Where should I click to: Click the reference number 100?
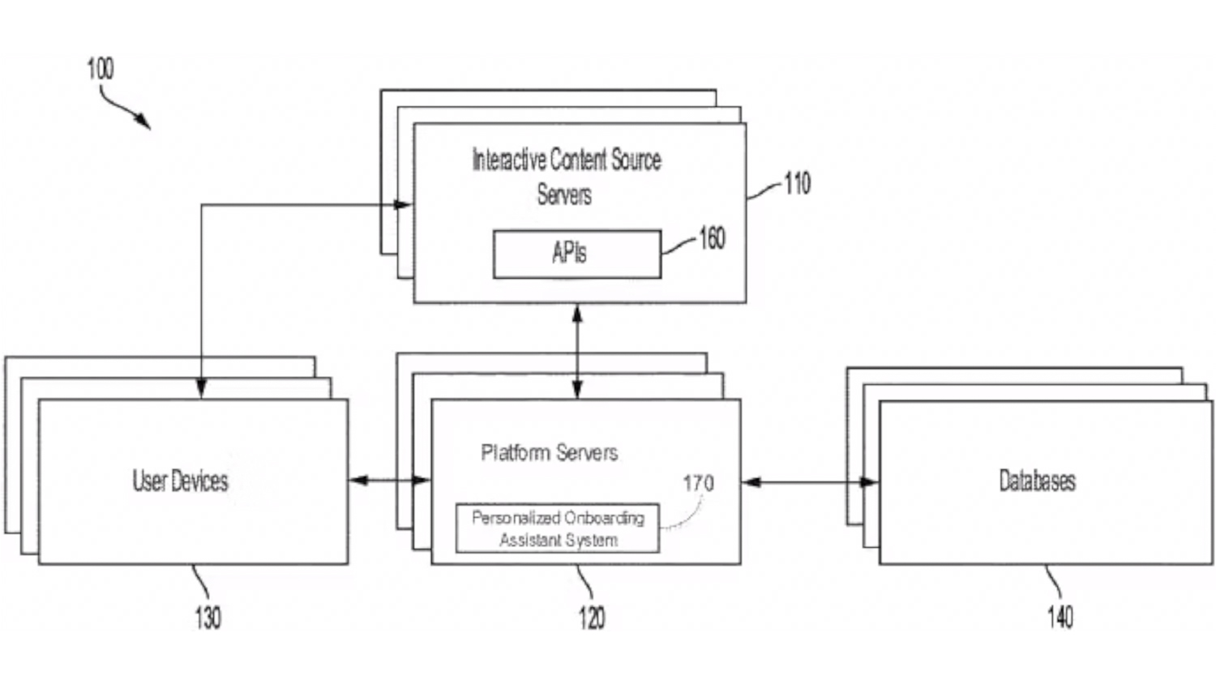pos(101,69)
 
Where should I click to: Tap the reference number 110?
pos(796,184)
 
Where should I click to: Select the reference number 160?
pos(711,238)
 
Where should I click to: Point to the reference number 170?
pos(698,484)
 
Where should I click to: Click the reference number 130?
pos(208,618)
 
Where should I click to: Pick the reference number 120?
pos(592,618)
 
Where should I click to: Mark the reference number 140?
pos(1060,618)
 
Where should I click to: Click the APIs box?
pos(576,254)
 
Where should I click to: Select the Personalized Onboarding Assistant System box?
pos(558,528)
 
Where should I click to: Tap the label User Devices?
pos(181,481)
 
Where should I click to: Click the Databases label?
pos(1037,481)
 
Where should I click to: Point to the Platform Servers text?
pos(549,452)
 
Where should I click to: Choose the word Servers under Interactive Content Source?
pos(564,195)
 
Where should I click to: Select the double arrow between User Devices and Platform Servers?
pos(389,481)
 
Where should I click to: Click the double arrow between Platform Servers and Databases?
pos(810,482)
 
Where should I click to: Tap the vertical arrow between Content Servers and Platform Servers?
pos(577,351)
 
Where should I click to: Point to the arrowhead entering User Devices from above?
pos(201,388)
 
